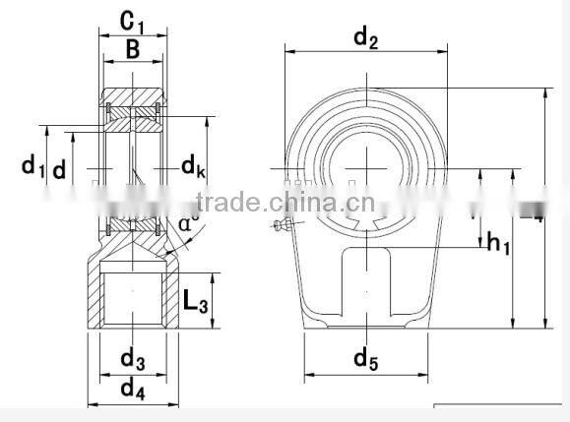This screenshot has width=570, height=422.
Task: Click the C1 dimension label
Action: [134, 20]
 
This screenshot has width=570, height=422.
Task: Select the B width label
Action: [132, 50]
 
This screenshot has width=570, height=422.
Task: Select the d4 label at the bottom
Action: [132, 389]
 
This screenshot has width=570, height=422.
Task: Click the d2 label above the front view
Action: [365, 38]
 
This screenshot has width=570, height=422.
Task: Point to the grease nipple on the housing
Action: [283, 229]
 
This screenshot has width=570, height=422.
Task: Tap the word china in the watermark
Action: [299, 204]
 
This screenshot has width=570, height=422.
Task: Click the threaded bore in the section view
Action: [133, 300]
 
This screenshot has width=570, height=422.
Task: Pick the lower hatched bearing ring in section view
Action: [133, 226]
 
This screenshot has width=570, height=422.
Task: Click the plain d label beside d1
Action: [60, 169]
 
